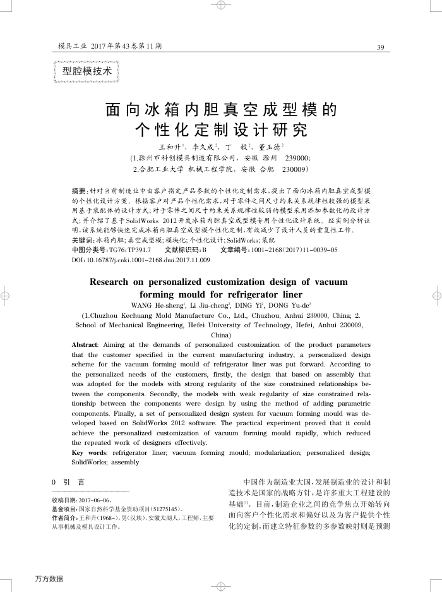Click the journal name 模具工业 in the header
point(70,47)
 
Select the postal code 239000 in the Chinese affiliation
point(298,157)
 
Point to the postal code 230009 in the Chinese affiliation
point(294,170)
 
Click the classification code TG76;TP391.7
point(130,250)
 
